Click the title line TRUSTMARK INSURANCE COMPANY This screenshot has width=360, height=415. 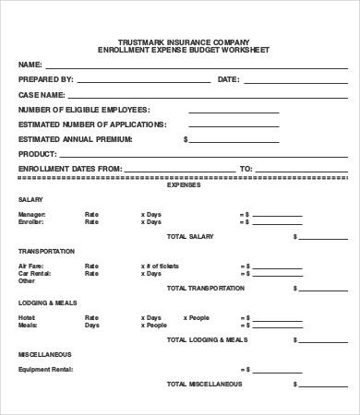[x=179, y=43]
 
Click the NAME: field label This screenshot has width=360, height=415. [x=30, y=65]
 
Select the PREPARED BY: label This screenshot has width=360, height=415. [x=45, y=79]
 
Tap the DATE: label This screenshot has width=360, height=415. [x=228, y=79]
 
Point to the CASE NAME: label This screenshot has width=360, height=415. [x=42, y=94]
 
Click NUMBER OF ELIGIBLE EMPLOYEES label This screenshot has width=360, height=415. [x=78, y=109]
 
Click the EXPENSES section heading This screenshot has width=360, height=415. [x=179, y=184]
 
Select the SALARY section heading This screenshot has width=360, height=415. [x=30, y=199]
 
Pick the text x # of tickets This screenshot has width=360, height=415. [x=161, y=267]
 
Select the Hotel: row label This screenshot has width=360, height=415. [x=26, y=318]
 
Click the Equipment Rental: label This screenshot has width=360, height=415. [x=42, y=370]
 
